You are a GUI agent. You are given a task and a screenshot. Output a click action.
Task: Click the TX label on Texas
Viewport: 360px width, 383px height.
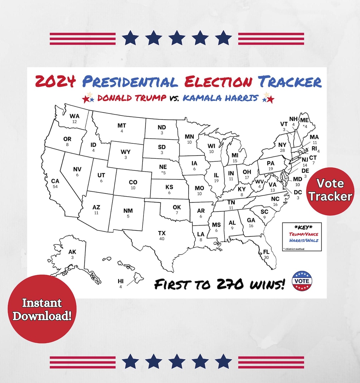(x=162, y=233)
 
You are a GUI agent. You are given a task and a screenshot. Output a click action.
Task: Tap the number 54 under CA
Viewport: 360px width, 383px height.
(x=55, y=187)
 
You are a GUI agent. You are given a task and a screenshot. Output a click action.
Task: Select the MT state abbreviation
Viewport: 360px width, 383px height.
(x=122, y=126)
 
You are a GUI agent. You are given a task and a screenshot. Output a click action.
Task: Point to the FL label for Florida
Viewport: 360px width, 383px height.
(x=266, y=252)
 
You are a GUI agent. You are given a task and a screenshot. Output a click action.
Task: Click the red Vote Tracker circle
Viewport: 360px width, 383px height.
(x=330, y=191)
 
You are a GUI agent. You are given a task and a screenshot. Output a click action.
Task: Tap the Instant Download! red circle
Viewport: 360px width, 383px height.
(x=42, y=309)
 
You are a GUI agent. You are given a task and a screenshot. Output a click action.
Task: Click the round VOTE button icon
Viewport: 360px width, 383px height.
(x=302, y=281)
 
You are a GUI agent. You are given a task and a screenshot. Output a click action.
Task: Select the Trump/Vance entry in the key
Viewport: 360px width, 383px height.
(x=303, y=234)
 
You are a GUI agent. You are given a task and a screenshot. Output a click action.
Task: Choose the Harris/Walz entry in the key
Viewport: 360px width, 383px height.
(x=304, y=240)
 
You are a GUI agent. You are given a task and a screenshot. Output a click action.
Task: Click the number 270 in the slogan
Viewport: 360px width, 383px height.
(x=230, y=284)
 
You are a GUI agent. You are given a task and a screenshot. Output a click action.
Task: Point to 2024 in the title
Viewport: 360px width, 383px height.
(x=55, y=81)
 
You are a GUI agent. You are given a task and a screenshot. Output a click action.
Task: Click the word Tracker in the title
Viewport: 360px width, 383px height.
(x=290, y=82)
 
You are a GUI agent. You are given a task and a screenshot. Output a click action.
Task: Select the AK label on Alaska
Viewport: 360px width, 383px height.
(x=72, y=252)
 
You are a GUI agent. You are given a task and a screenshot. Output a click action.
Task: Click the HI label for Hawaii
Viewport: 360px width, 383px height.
(x=121, y=281)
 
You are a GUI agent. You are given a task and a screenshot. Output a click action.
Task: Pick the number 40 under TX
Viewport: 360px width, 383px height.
(x=162, y=239)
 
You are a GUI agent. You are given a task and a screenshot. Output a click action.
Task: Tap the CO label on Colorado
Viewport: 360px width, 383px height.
(x=133, y=182)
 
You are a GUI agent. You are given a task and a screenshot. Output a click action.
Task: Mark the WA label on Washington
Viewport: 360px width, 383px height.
(x=75, y=116)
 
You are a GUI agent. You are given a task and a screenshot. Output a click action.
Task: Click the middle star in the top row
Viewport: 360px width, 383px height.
(x=177, y=38)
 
